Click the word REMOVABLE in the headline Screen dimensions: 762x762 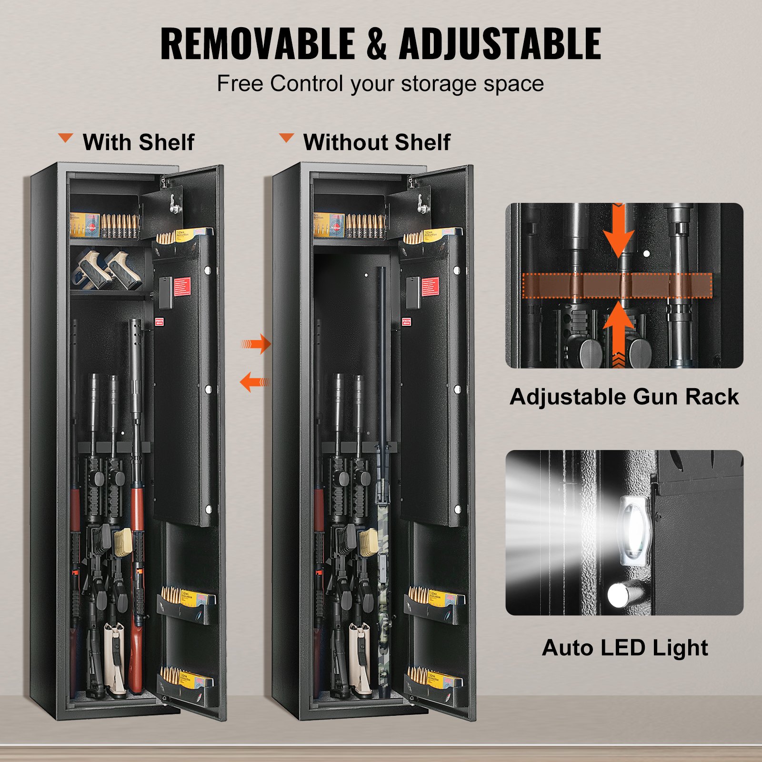(x=258, y=44)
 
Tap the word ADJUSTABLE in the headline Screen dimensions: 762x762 (x=500, y=44)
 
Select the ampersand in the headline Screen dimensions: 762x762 (x=377, y=44)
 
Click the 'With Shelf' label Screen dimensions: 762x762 (x=138, y=142)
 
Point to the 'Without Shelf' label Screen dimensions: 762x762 (x=376, y=142)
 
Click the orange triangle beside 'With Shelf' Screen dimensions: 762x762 (x=65, y=138)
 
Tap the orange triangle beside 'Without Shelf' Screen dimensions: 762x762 (x=286, y=138)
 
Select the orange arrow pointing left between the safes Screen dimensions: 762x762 (x=254, y=382)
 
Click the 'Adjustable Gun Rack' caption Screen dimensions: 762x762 (x=624, y=397)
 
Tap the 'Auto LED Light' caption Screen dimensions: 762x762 (x=624, y=648)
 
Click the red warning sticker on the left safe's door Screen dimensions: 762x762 (x=182, y=286)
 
